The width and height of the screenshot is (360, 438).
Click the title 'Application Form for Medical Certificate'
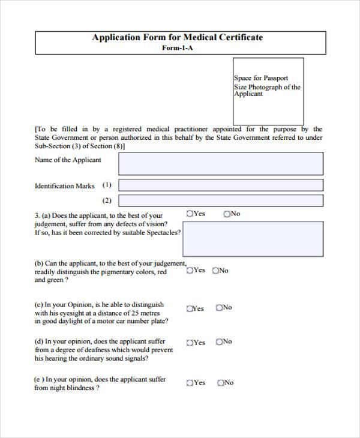click(177, 37)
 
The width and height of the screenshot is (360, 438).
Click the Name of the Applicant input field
click(220, 163)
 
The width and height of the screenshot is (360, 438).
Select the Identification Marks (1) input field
click(220, 185)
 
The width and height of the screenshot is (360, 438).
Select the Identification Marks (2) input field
click(220, 200)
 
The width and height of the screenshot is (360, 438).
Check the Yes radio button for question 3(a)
click(190, 214)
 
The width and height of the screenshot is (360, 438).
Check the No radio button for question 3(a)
click(227, 214)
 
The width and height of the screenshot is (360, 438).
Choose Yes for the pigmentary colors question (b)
click(190, 271)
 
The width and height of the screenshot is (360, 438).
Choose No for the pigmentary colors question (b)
click(215, 271)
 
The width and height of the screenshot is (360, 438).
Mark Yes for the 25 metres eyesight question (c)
click(190, 308)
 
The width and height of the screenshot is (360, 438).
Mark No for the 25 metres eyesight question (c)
click(219, 308)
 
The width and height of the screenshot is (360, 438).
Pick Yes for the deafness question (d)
click(190, 343)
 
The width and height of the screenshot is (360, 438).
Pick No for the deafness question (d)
click(219, 342)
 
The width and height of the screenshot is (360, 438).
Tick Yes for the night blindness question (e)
click(190, 383)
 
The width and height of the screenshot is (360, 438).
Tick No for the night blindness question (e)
click(221, 383)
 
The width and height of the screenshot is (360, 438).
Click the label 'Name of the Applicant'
click(68, 160)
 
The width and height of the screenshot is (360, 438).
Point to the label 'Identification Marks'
click(64, 186)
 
